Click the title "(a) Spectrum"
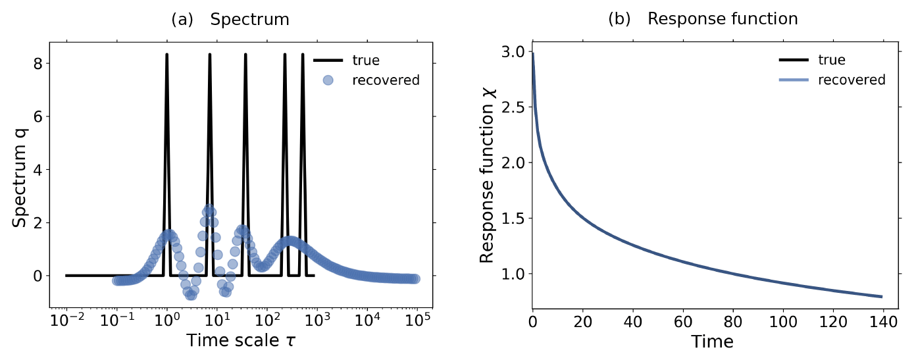(230, 19)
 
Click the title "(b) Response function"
(702, 19)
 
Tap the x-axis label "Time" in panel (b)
(712, 342)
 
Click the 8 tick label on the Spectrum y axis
(39, 64)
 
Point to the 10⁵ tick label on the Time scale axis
(417, 321)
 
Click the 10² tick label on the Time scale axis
(267, 321)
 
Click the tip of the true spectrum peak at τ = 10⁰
(166, 55)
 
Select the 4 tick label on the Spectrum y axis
(39, 170)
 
